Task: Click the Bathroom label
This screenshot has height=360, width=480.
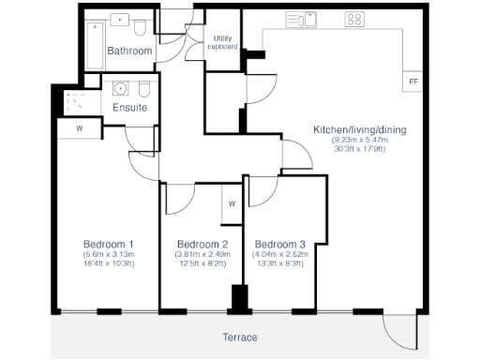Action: pos(129,51)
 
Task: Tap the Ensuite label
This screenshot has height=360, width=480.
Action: pos(129,108)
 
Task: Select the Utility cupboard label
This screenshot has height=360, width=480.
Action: pos(222,41)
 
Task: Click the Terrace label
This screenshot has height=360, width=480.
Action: pos(241,337)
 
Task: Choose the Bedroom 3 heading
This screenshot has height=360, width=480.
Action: pos(280,243)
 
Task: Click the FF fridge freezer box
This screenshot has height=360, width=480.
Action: pos(412,82)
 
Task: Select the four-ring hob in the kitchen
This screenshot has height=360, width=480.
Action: pos(354,19)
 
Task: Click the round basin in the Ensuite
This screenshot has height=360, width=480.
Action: pos(121,89)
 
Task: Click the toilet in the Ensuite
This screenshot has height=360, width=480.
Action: pos(142,90)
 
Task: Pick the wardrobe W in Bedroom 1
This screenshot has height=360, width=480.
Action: pos(80,128)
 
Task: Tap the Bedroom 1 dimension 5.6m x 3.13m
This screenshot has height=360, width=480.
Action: pos(109,254)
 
